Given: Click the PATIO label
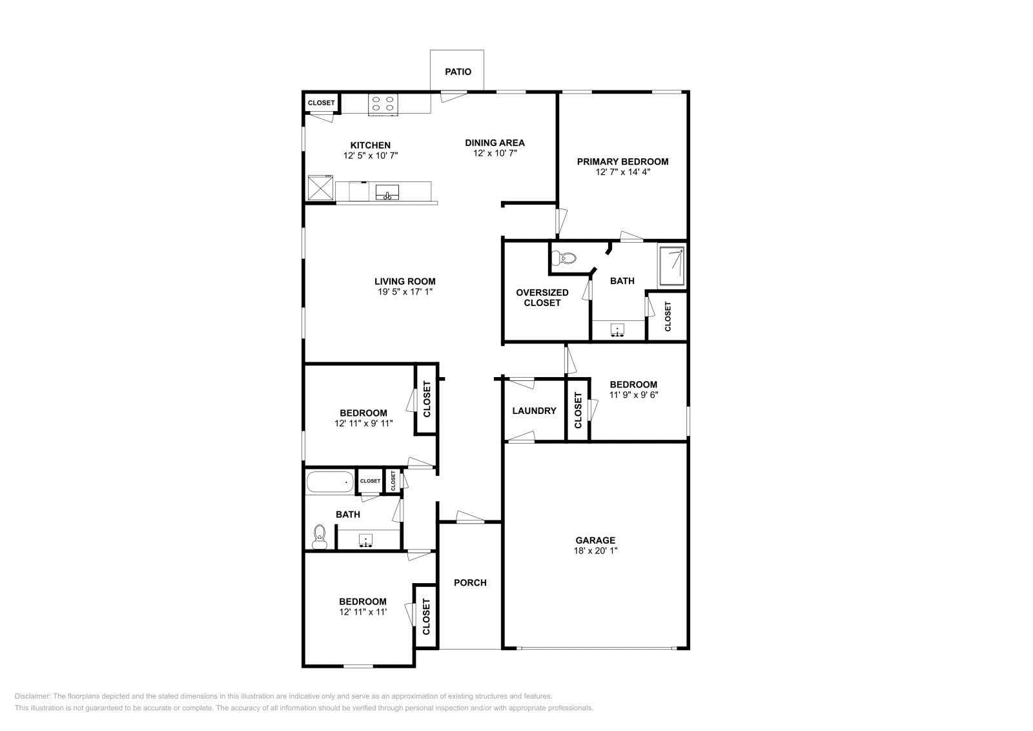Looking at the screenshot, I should click(x=458, y=72).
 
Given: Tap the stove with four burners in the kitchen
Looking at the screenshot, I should click(x=382, y=104).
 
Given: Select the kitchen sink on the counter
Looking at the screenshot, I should click(x=387, y=192).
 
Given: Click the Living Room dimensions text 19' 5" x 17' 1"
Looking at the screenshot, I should click(x=405, y=292).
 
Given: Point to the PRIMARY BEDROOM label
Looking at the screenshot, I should click(x=622, y=161).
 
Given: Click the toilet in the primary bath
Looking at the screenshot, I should click(x=564, y=258).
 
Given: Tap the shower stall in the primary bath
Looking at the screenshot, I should click(x=671, y=266).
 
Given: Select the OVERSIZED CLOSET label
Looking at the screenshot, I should click(x=542, y=297).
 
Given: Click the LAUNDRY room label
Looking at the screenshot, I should click(x=534, y=411).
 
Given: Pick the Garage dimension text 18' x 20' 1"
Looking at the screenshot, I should click(x=595, y=551).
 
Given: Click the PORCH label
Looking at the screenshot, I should click(x=470, y=582).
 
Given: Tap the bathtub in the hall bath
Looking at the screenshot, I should click(x=329, y=482).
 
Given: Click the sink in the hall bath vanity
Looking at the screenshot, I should click(x=366, y=540).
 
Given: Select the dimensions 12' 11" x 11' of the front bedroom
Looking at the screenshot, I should click(x=363, y=612).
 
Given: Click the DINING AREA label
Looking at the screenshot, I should click(x=495, y=143).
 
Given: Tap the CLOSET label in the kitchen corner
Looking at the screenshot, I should click(x=321, y=103).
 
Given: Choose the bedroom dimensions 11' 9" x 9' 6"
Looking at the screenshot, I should click(x=633, y=395).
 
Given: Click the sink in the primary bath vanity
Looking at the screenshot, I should click(x=619, y=331).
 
